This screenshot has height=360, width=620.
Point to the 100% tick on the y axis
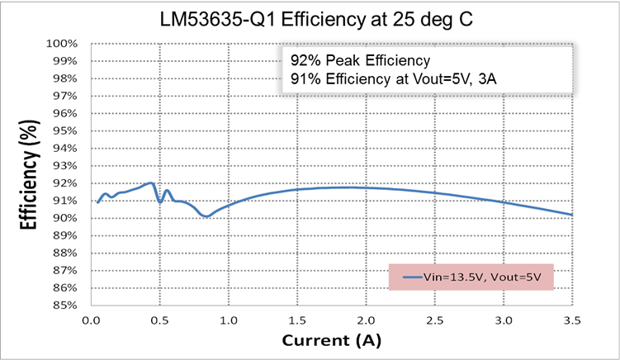[x=62, y=44]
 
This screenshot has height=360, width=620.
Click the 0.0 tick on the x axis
[x=92, y=318]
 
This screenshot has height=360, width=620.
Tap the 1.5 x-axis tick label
[x=297, y=318]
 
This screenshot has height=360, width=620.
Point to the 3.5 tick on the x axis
[x=571, y=318]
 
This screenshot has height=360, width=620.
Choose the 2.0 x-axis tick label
[x=366, y=318]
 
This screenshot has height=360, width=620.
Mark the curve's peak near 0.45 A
[x=151, y=183]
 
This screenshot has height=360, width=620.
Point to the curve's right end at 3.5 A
[x=571, y=215]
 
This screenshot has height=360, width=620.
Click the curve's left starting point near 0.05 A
[x=97, y=201]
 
